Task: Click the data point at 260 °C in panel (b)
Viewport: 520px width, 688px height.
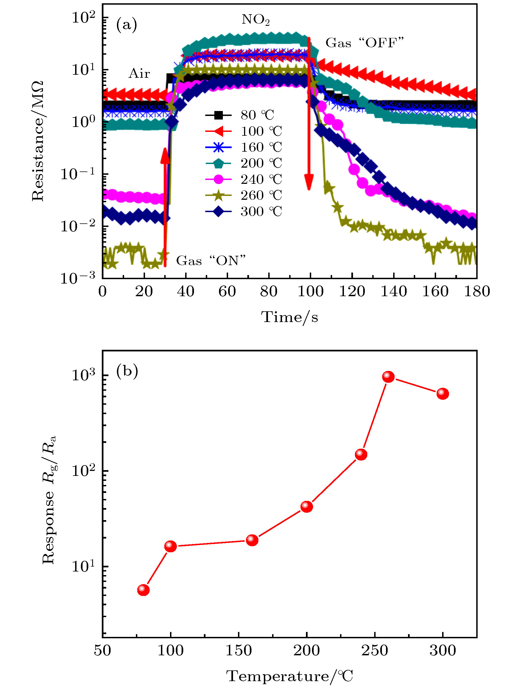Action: pyautogui.click(x=388, y=377)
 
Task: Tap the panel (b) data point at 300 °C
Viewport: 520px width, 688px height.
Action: pyautogui.click(x=442, y=394)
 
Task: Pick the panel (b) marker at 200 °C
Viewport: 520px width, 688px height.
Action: pyautogui.click(x=307, y=507)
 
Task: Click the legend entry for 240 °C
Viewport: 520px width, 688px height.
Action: pyautogui.click(x=243, y=179)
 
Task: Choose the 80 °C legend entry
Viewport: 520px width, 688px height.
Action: pyautogui.click(x=240, y=115)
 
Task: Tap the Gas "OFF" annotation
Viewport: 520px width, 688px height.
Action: pyautogui.click(x=364, y=43)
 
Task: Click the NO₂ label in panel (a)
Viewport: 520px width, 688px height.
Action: pyautogui.click(x=255, y=20)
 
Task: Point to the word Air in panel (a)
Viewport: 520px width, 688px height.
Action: pyautogui.click(x=139, y=74)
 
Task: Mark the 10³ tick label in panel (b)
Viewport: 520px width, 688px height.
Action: pyautogui.click(x=83, y=375)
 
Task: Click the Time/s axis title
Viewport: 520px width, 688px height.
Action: pyautogui.click(x=290, y=317)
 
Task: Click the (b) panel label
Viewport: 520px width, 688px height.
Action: pyautogui.click(x=127, y=371)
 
